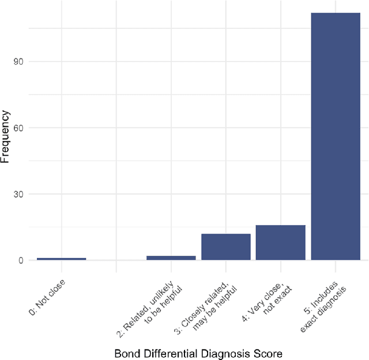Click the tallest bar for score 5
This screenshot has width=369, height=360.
click(336, 136)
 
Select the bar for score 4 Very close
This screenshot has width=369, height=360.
click(280, 242)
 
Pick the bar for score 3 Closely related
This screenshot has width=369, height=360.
click(225, 247)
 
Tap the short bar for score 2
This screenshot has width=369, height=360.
click(171, 257)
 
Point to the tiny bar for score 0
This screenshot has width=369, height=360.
click(61, 258)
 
